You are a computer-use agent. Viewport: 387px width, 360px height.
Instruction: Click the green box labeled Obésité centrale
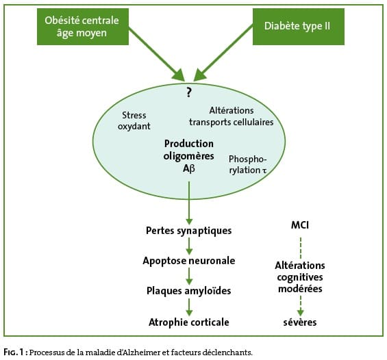[x=83, y=27]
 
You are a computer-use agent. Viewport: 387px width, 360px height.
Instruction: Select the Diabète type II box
[x=299, y=27]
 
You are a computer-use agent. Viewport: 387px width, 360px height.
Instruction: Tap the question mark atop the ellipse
[x=189, y=92]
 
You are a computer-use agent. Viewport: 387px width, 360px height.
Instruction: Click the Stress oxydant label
[x=134, y=120]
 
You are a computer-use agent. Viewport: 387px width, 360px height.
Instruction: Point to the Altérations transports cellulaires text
[x=232, y=116]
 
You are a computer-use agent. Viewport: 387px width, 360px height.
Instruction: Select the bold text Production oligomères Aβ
[x=189, y=156]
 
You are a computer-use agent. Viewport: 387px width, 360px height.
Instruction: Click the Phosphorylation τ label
[x=248, y=165]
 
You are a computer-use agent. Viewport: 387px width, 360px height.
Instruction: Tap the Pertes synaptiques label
[x=189, y=231]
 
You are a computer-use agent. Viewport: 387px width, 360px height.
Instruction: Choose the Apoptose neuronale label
[x=189, y=261]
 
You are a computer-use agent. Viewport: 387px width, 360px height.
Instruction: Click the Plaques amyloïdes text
[x=189, y=291]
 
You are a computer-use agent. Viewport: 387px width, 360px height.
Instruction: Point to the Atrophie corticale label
[x=189, y=322]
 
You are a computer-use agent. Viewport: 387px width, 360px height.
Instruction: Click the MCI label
[x=300, y=225]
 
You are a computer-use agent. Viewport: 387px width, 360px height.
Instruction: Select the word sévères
[x=300, y=322]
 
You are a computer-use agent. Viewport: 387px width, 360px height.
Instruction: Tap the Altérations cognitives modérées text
[x=300, y=277]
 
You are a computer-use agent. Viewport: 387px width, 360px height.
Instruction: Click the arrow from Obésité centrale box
[x=157, y=54]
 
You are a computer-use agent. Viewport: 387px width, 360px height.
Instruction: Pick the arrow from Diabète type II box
[x=223, y=53]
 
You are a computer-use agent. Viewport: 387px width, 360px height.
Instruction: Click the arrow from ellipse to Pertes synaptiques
[x=189, y=203]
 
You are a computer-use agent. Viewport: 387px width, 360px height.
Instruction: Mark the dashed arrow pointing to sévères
[x=301, y=306]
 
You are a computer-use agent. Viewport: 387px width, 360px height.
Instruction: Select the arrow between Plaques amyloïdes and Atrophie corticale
[x=189, y=307]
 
